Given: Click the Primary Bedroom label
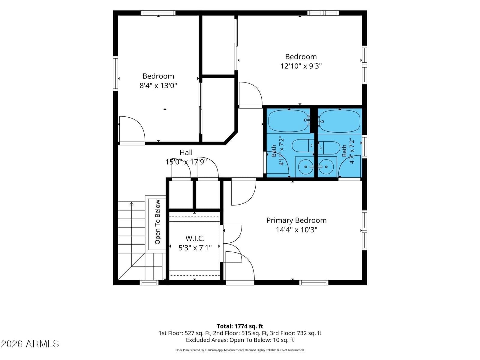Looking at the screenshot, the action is point(296,220).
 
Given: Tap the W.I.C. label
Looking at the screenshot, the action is point(195,238).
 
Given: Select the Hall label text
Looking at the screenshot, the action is point(186,153).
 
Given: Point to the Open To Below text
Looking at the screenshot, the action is point(157,222).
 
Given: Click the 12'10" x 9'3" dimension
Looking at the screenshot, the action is point(301,66).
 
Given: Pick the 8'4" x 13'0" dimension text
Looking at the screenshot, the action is point(158,85).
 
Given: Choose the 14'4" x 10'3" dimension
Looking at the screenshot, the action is point(296,230).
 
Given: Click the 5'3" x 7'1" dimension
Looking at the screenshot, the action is point(195,248).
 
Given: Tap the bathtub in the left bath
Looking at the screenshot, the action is point(288,121).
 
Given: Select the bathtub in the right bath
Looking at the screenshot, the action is point(339,121).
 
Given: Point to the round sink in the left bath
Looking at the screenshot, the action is point(306,167).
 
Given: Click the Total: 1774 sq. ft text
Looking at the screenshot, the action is point(240,326).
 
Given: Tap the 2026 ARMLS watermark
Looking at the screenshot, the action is point(30,344).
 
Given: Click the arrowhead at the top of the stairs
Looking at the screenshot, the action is point(131,204).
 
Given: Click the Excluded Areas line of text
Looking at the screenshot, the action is point(240,340).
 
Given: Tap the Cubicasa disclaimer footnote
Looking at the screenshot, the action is point(240,350).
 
